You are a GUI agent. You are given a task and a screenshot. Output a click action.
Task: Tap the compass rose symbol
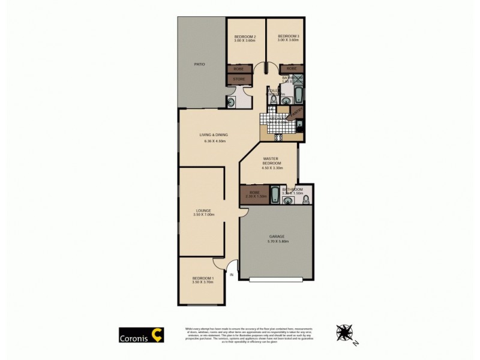pyautogui.click(x=345, y=331)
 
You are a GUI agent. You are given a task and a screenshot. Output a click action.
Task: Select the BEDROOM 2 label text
pyautogui.click(x=245, y=37)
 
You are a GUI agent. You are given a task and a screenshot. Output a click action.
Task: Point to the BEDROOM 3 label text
pyautogui.click(x=288, y=37)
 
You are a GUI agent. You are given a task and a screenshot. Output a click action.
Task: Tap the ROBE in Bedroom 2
pyautogui.click(x=238, y=68)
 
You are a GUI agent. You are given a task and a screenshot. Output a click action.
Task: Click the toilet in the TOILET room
pyautogui.click(x=274, y=101)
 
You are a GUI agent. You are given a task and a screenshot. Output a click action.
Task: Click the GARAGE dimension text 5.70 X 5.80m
pyautogui.click(x=278, y=242)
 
